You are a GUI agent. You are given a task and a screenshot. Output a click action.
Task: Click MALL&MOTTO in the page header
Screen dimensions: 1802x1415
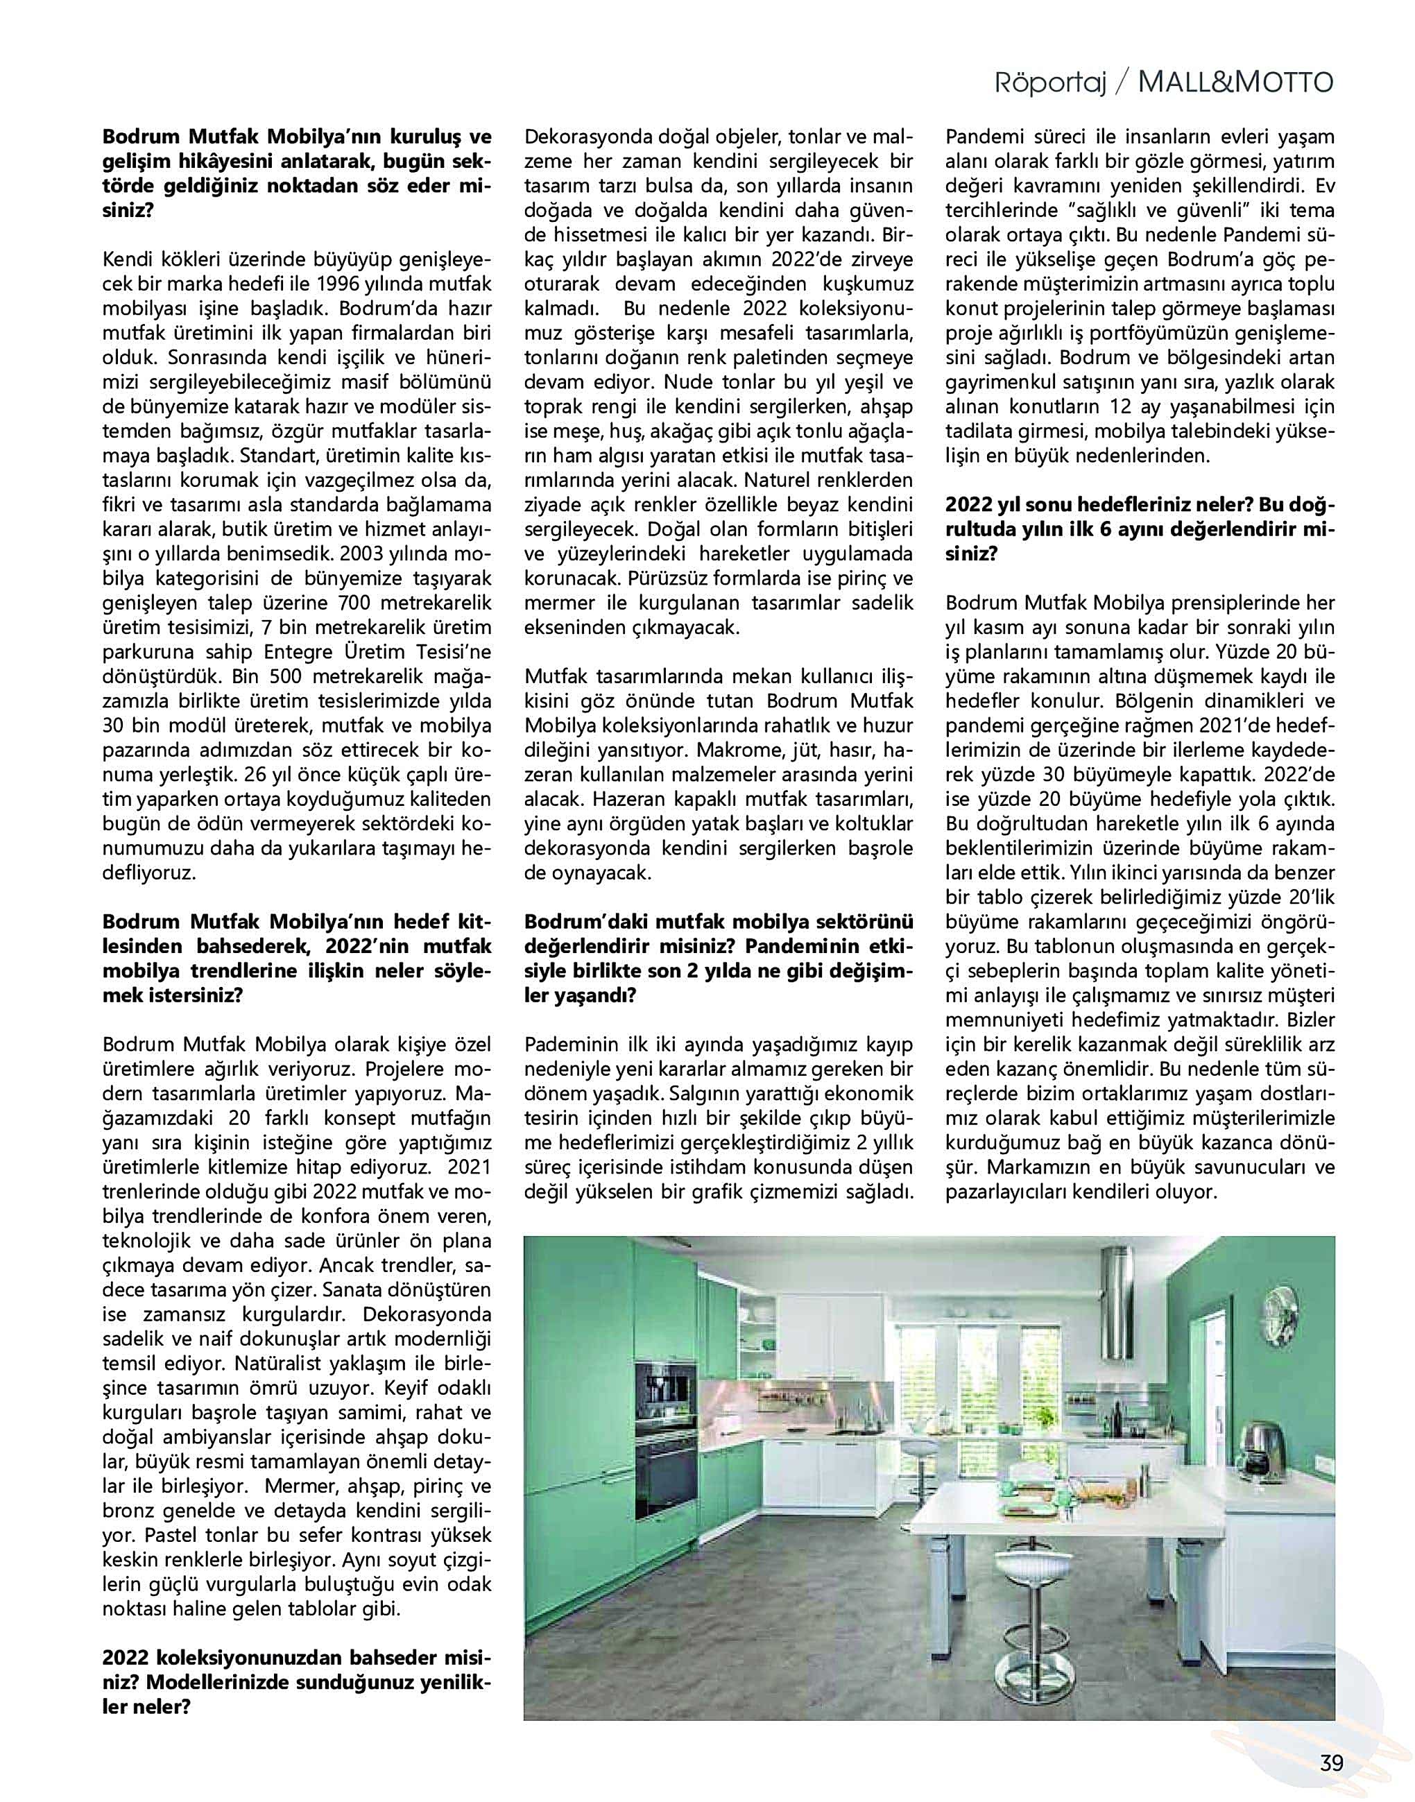point(1235,84)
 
